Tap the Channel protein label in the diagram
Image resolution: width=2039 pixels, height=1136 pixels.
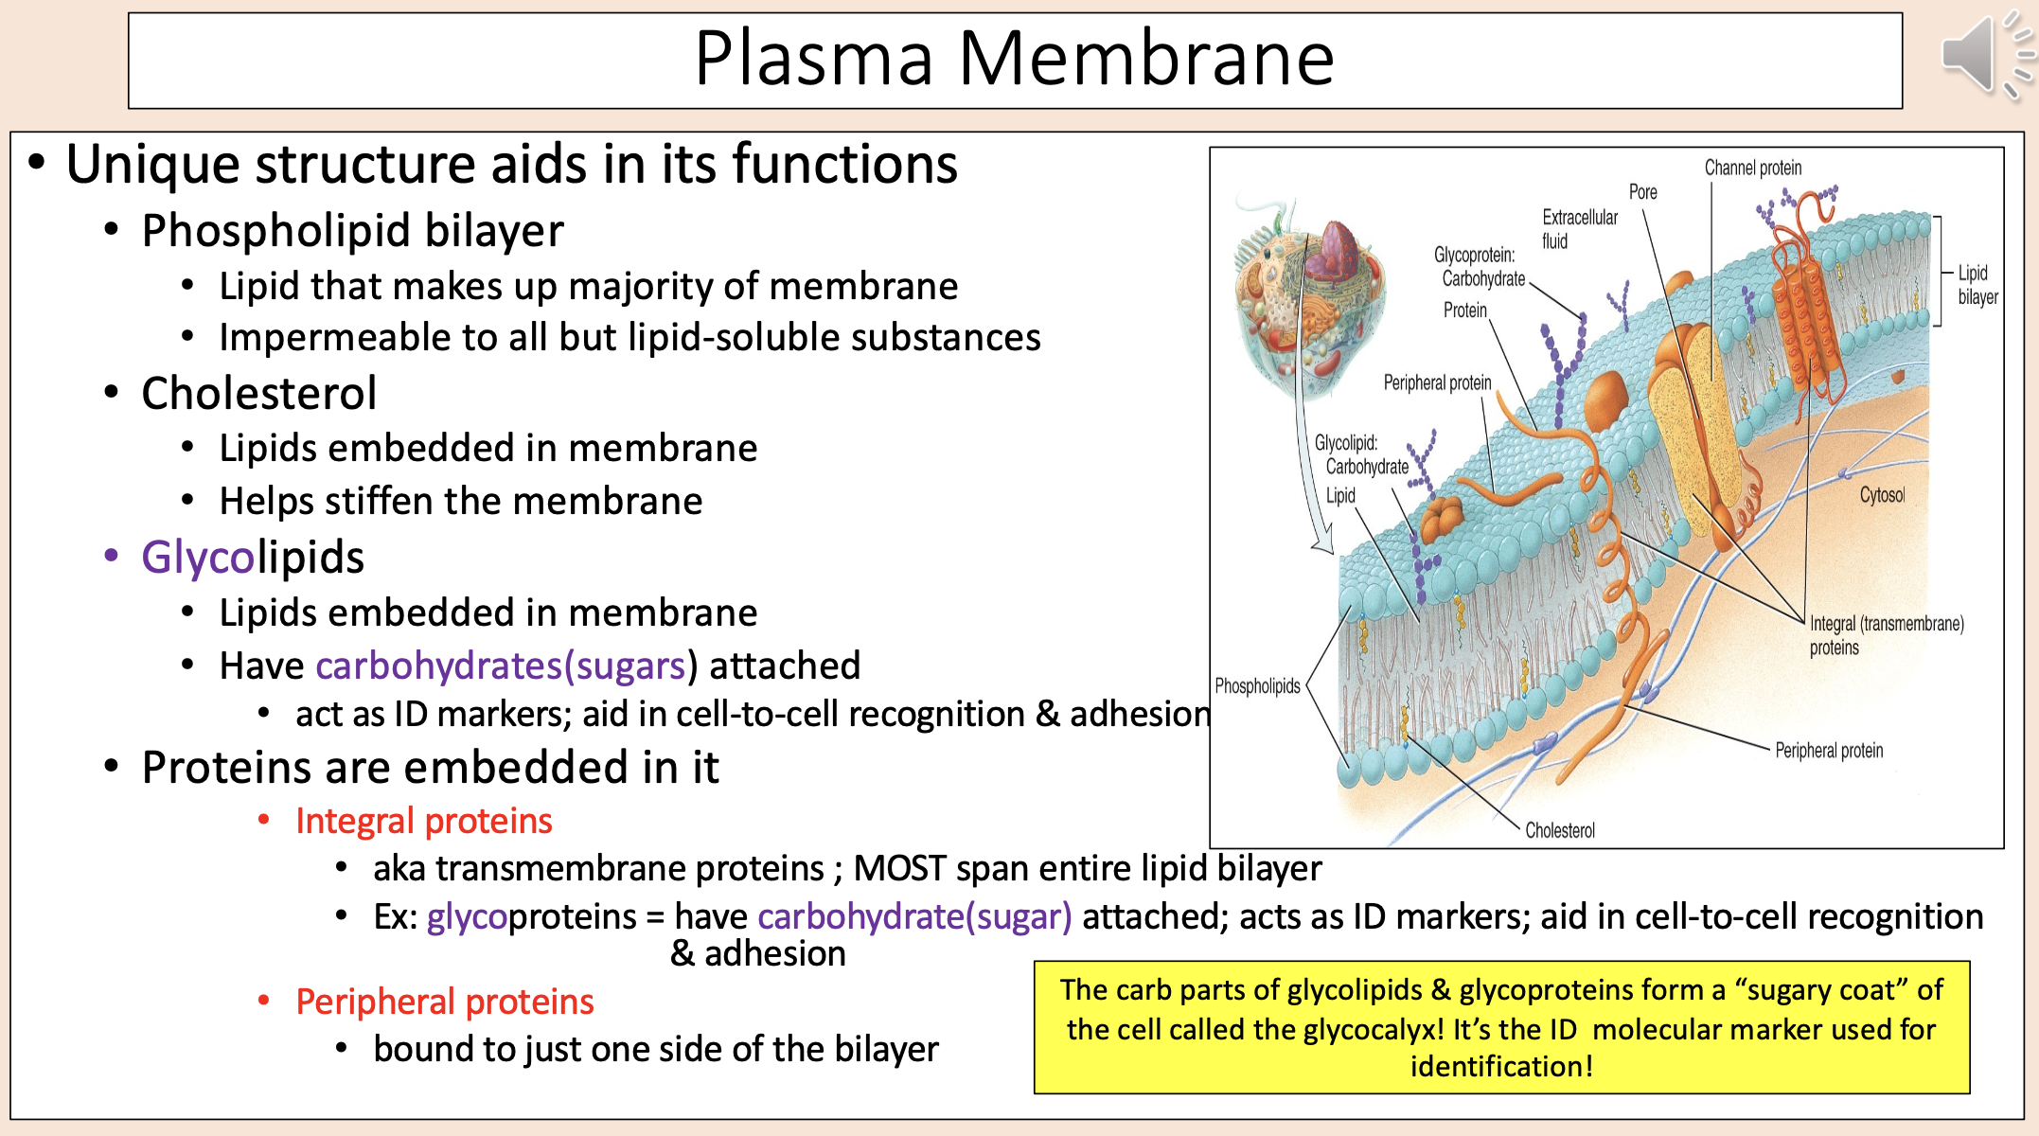(1752, 168)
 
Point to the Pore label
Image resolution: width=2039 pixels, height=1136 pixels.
(1642, 192)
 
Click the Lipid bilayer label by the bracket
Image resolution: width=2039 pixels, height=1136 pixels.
(1977, 285)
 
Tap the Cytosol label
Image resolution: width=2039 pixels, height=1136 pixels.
(1881, 495)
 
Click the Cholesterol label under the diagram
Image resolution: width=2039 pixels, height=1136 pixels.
(1559, 830)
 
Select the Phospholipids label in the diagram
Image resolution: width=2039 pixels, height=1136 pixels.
(1257, 685)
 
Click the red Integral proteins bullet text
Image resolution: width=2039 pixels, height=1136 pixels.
(423, 821)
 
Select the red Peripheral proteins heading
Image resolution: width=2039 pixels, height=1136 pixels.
(444, 1002)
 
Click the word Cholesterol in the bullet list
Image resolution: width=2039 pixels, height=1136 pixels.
(258, 393)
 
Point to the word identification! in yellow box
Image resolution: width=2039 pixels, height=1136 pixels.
(1501, 1067)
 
